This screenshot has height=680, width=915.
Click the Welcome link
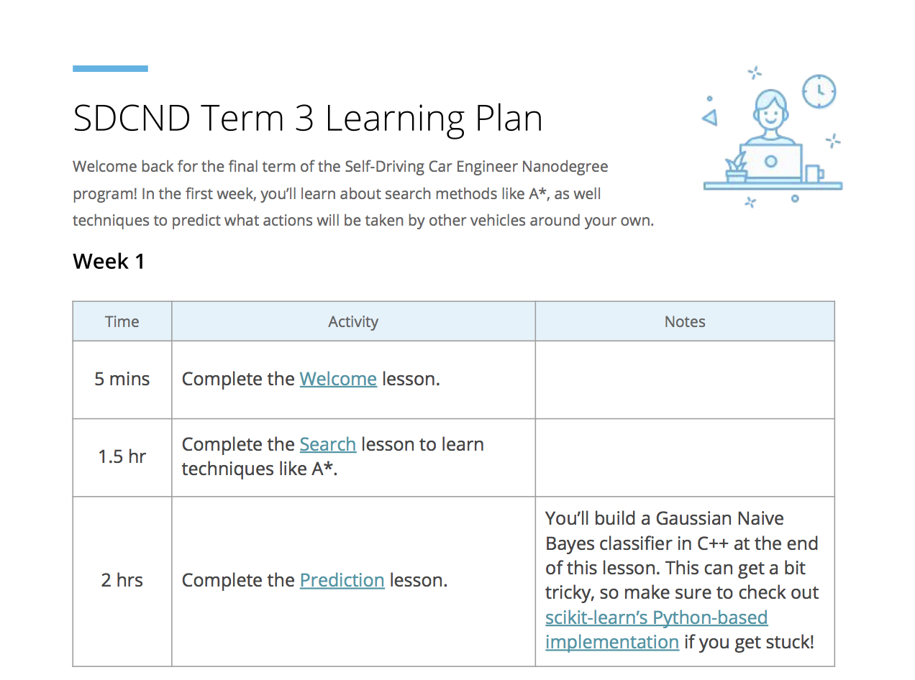pyautogui.click(x=338, y=379)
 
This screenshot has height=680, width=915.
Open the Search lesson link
pyautogui.click(x=327, y=444)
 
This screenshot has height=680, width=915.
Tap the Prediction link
pyautogui.click(x=342, y=580)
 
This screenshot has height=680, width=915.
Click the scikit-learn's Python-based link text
pyautogui.click(x=656, y=617)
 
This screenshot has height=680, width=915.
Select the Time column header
pyautogui.click(x=122, y=321)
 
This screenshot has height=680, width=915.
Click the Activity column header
pyautogui.click(x=353, y=322)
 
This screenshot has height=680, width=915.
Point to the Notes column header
pyautogui.click(x=684, y=321)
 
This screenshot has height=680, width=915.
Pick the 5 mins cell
pyautogui.click(x=122, y=379)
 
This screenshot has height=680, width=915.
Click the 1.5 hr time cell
pyautogui.click(x=122, y=456)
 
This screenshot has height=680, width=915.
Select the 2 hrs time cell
pyautogui.click(x=122, y=580)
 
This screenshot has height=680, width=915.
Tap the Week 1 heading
pyautogui.click(x=109, y=262)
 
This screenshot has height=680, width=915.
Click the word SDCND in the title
pyautogui.click(x=132, y=119)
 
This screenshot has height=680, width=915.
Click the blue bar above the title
pyautogui.click(x=110, y=68)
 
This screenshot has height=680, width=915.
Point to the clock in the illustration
pyautogui.click(x=819, y=91)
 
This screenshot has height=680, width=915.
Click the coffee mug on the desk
pyautogui.click(x=814, y=173)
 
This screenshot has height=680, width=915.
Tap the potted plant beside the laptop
pyautogui.click(x=736, y=167)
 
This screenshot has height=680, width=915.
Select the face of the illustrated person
pyautogui.click(x=770, y=112)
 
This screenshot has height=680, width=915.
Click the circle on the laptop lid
pyautogui.click(x=770, y=161)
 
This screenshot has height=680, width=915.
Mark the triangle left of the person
pyautogui.click(x=710, y=117)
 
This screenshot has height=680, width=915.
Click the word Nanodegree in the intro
pyautogui.click(x=565, y=167)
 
